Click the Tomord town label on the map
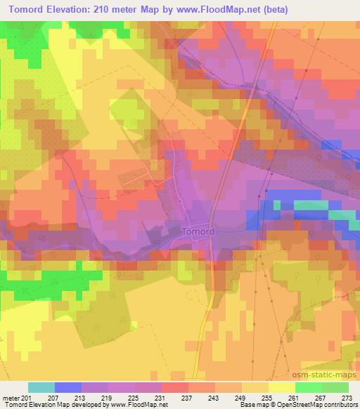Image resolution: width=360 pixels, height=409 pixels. coord(198,231)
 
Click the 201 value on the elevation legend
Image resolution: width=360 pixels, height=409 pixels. coord(26,397)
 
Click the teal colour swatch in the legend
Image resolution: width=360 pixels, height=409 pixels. coord(41,387)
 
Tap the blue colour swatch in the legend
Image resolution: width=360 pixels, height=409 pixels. coord(68,387)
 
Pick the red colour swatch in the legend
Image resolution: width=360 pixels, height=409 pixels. coord(175,387)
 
